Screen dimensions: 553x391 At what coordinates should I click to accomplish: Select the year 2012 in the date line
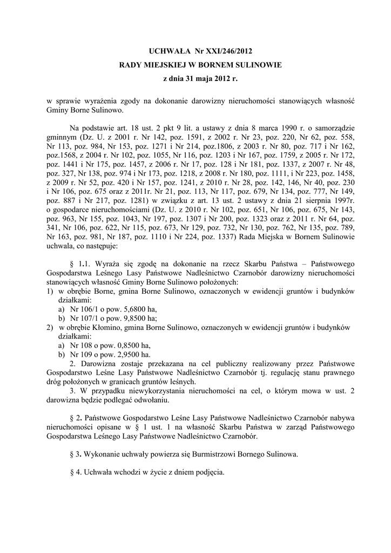(x=219, y=79)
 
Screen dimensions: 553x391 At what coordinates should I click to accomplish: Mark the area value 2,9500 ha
(x=129, y=355)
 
